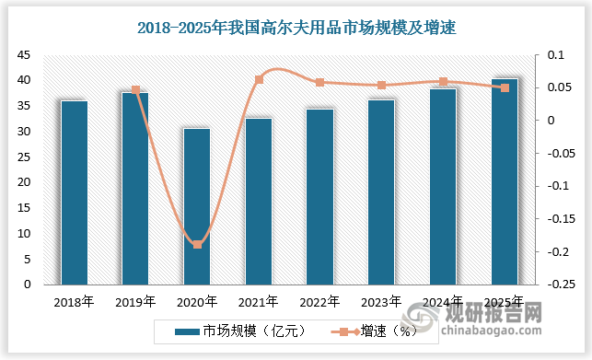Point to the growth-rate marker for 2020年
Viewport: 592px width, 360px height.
[x=197, y=244]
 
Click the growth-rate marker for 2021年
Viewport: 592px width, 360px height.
[x=259, y=80]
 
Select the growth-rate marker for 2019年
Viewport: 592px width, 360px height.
[x=135, y=90]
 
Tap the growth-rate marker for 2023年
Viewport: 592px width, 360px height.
[x=381, y=86]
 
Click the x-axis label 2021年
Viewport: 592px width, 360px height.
[x=259, y=301]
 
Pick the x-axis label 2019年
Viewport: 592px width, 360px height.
[x=135, y=301]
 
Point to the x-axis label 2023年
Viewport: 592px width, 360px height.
[x=381, y=301]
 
